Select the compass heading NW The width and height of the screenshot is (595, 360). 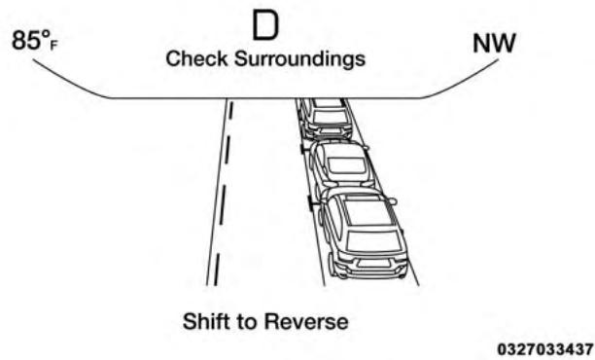pos(494,44)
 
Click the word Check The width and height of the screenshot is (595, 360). pos(194,59)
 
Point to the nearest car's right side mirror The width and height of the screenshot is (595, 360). pos(392,201)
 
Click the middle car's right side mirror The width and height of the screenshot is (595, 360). pos(370,148)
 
